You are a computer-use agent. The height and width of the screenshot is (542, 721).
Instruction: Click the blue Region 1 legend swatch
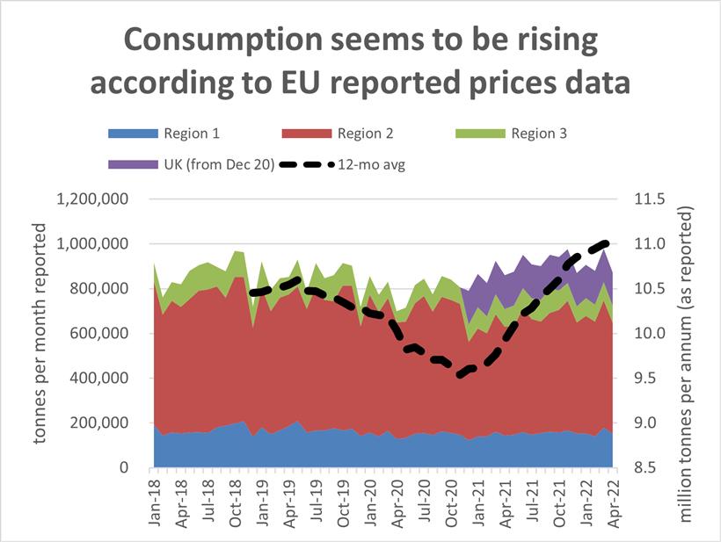pos(133,134)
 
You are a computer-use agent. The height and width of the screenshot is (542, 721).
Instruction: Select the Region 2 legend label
pos(367,134)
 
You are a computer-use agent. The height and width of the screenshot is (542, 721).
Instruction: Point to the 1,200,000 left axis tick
pos(93,199)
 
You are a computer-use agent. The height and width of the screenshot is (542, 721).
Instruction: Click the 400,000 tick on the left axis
pos(100,379)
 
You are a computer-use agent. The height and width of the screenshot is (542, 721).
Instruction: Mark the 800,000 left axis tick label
pos(100,289)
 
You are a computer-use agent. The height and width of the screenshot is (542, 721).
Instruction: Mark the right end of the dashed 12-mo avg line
pos(608,242)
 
